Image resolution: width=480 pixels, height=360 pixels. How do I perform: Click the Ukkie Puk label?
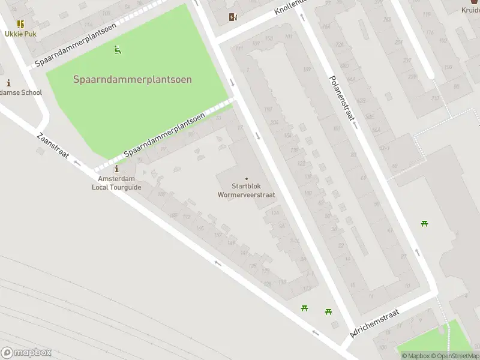coord(21,34)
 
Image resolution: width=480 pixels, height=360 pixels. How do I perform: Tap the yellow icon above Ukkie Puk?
coord(20,24)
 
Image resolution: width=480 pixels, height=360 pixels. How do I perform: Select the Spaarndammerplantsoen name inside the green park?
coord(133,79)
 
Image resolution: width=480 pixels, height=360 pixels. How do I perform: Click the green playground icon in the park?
coord(118,50)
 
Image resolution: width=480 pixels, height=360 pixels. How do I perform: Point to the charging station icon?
coord(233,17)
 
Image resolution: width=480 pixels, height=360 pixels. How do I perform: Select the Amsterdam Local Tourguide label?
coord(116,183)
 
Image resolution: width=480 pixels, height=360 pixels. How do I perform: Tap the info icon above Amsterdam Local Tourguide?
coord(116,170)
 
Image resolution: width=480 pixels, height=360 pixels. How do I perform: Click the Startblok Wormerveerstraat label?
coord(246,190)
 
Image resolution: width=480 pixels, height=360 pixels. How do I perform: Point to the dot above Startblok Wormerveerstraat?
coord(246,178)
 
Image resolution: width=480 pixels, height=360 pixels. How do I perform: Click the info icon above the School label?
coord(8,83)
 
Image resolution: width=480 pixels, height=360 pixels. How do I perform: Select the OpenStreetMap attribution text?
coord(457,356)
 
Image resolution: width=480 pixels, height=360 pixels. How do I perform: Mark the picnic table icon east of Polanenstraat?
coord(425,224)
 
